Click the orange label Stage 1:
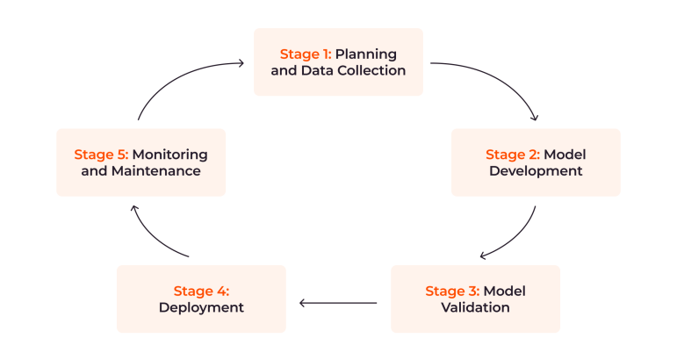306,54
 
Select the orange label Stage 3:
452,291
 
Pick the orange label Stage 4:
201,291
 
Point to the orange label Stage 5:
101,155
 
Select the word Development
536,171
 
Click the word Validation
475,307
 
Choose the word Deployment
201,307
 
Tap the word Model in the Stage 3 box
505,291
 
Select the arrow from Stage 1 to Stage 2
505,78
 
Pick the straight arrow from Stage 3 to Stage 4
338,303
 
